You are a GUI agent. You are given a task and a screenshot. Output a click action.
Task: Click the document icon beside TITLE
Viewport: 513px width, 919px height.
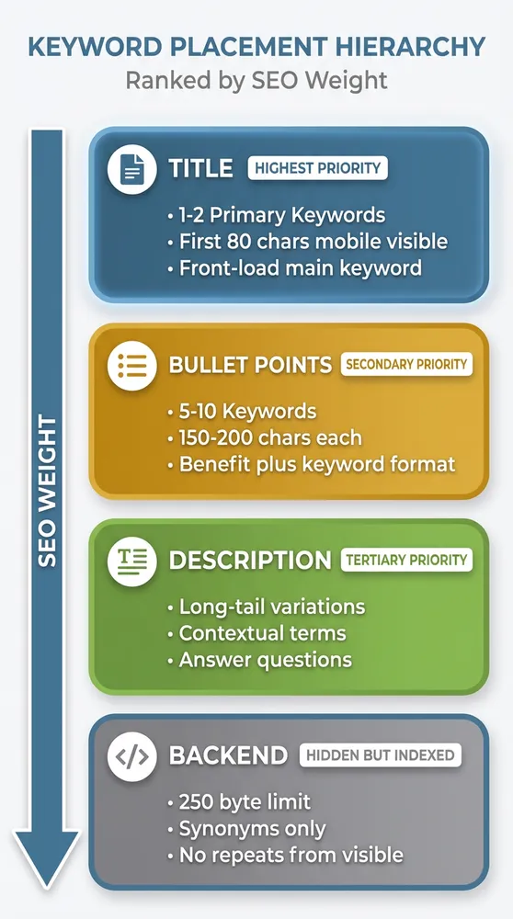tap(131, 169)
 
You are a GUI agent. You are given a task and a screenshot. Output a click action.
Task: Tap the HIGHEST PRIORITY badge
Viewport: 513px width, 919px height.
tap(317, 169)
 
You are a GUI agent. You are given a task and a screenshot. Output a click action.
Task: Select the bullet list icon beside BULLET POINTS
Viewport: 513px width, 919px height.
tap(131, 365)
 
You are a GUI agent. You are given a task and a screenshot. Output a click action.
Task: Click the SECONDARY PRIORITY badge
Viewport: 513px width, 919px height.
tap(406, 364)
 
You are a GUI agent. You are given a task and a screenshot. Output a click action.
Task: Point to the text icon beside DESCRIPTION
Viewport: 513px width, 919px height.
tap(131, 561)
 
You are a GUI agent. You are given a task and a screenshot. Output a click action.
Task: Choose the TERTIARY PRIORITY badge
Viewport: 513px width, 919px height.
tap(406, 560)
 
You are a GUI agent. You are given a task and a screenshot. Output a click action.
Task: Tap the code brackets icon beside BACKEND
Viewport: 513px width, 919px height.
tap(131, 756)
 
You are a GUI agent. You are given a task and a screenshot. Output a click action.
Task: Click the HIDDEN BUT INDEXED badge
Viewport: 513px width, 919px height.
tap(380, 755)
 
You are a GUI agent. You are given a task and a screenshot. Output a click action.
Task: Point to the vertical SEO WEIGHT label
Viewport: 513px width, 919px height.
tap(47, 492)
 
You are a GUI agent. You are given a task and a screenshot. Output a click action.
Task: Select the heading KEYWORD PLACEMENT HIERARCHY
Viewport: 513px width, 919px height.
tap(256, 46)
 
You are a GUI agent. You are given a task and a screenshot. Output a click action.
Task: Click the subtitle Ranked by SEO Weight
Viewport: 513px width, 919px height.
tap(256, 81)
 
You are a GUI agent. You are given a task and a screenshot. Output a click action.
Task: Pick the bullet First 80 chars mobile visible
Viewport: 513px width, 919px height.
tap(307, 243)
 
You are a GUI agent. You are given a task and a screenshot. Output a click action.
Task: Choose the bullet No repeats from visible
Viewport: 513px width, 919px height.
tap(285, 856)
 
